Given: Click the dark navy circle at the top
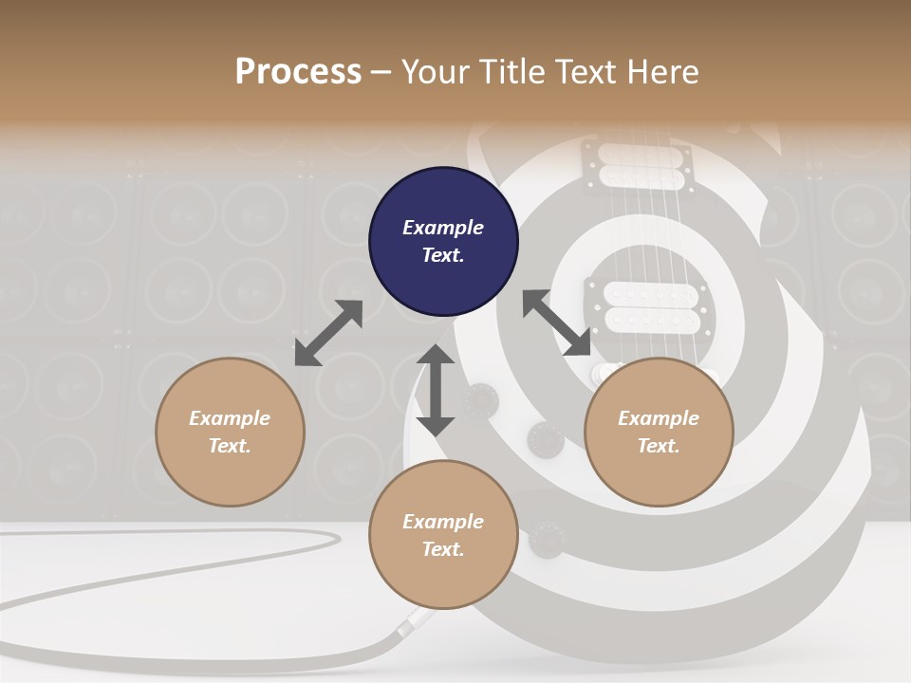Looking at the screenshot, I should pyautogui.click(x=443, y=242).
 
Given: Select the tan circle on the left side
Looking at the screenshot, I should pyautogui.click(x=230, y=432).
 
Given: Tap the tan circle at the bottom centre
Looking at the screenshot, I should pyautogui.click(x=443, y=535).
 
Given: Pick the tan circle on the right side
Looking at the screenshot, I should pyautogui.click(x=658, y=432).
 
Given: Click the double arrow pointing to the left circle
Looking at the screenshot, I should pyautogui.click(x=328, y=332).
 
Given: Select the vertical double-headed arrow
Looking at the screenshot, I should pyautogui.click(x=436, y=390).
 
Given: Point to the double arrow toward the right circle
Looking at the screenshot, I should pyautogui.click(x=556, y=323).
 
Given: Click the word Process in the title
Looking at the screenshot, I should pyautogui.click(x=298, y=72).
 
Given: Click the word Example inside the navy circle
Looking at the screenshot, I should pyautogui.click(x=443, y=228).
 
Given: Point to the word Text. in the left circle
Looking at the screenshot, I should pyautogui.click(x=230, y=446).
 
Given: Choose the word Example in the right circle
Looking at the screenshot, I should pyautogui.click(x=658, y=418).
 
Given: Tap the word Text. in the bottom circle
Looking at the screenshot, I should pyautogui.click(x=443, y=549).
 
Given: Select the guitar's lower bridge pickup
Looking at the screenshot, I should pyautogui.click(x=635, y=306).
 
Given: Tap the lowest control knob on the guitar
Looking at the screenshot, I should pyautogui.click(x=548, y=538).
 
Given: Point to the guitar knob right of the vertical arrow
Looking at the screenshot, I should pyautogui.click(x=480, y=401).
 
